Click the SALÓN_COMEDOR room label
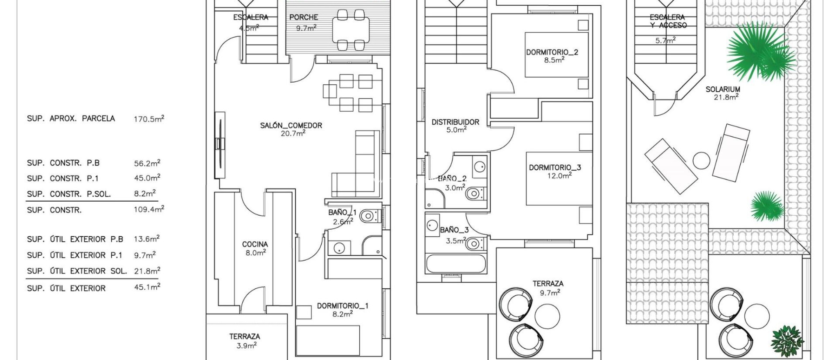(x=291, y=126)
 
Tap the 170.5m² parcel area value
(x=149, y=119)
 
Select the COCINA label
(x=255, y=244)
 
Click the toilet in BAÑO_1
(x=369, y=216)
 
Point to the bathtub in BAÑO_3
(x=456, y=264)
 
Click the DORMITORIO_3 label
(x=555, y=167)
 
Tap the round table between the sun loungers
(x=701, y=161)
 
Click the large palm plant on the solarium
(x=757, y=51)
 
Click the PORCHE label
(x=304, y=17)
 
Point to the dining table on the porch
(x=351, y=30)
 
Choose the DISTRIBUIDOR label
(x=455, y=122)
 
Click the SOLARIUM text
(x=723, y=89)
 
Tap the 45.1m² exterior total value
(x=147, y=287)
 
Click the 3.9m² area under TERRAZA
(x=246, y=346)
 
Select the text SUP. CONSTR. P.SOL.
(x=69, y=194)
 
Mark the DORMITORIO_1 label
(x=342, y=306)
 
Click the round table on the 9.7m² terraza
(x=547, y=316)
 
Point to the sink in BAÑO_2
(x=479, y=166)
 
